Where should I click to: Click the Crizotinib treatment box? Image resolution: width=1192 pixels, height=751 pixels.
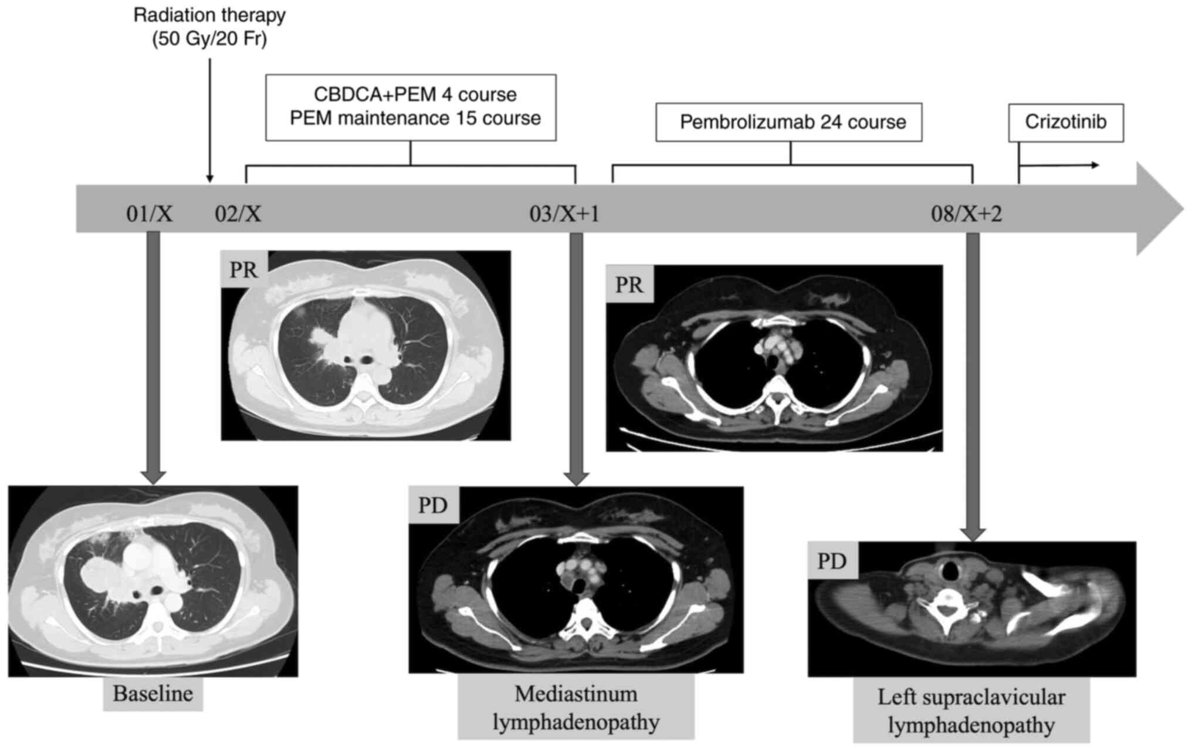1065,123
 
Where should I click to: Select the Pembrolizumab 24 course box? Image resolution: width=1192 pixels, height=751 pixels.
788,123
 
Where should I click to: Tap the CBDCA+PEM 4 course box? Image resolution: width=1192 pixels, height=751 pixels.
411,107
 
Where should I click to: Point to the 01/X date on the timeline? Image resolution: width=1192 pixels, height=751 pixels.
150,214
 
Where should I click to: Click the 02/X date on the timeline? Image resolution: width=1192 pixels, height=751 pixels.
238,214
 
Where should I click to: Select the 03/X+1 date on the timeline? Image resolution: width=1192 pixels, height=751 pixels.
564,214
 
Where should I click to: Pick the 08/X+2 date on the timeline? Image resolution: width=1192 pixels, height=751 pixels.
966,214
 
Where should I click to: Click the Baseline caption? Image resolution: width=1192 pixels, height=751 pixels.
153,694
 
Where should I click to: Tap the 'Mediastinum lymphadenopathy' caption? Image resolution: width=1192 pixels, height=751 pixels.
575,707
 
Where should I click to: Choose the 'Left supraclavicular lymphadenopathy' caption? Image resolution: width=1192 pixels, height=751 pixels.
971,711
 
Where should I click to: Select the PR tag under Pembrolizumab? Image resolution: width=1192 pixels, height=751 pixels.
629,285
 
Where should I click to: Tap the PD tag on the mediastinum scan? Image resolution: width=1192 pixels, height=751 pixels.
433,505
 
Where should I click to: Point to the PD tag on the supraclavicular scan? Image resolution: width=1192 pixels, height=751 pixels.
832,561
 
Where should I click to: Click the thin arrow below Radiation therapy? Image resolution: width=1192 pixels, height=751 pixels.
210,117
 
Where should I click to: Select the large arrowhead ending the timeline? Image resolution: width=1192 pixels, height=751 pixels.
1159,209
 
